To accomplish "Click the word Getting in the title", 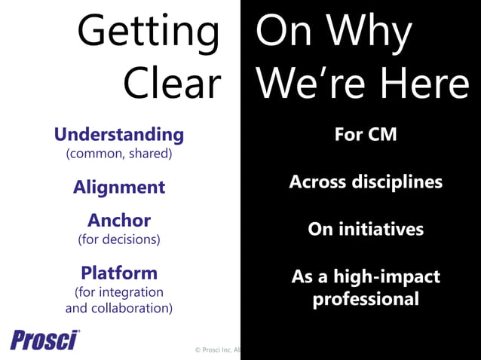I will (148, 34).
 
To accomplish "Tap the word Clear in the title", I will (172, 84).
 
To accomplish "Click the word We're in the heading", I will (308, 84).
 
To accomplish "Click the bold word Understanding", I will (118, 135).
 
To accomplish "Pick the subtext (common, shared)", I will (119, 154).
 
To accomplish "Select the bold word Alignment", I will (119, 188).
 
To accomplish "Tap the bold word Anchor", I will (119, 221).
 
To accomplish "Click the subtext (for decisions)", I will (119, 240).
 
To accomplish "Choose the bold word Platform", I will (119, 273).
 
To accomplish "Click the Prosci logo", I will (45, 340).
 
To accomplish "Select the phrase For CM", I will (365, 136).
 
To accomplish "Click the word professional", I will (366, 299).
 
